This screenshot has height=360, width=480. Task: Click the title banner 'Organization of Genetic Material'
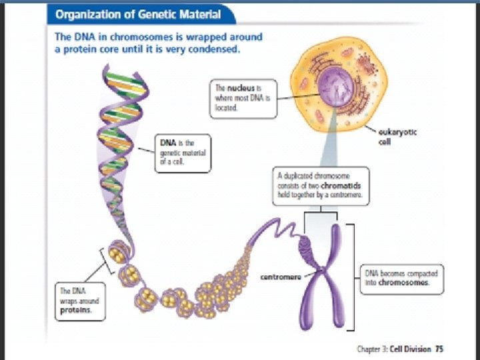138,14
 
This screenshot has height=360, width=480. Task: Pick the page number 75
439,348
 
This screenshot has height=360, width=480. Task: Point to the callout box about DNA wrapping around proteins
79,301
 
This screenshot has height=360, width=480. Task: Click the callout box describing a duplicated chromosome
322,186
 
